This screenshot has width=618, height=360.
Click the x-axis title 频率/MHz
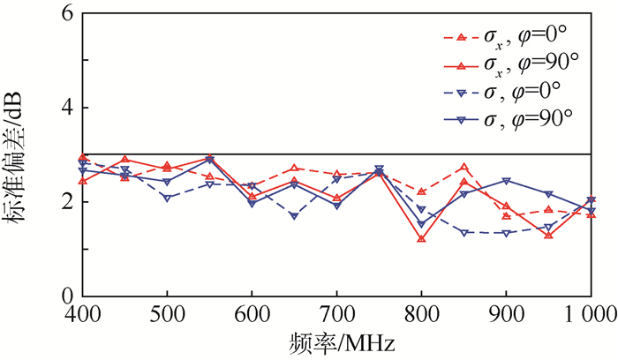point(336,341)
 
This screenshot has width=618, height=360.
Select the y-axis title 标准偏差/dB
point(19,154)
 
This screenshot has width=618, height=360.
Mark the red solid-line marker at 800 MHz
point(421,238)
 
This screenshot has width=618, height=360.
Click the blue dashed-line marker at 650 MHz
point(294,216)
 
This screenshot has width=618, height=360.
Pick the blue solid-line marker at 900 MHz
point(506,181)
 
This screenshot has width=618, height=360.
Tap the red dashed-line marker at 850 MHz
point(463,167)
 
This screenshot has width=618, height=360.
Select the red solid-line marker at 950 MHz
point(548,236)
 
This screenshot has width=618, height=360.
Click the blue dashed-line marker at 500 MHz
point(167,198)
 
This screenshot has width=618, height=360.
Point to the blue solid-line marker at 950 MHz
point(548,193)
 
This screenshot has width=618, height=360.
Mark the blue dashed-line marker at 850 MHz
point(463,232)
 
